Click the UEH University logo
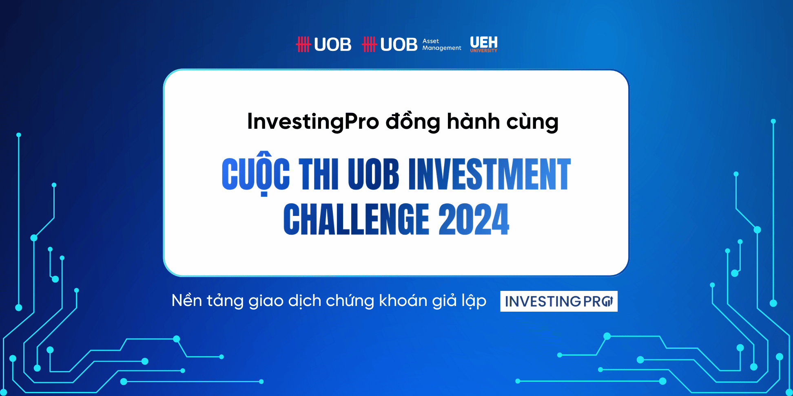pyautogui.click(x=484, y=44)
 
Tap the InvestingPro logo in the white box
pyautogui.click(x=559, y=301)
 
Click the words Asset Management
pyautogui.click(x=442, y=44)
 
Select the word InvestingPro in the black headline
pyautogui.click(x=313, y=121)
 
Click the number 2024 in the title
pyautogui.click(x=474, y=220)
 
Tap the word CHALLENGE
pyautogui.click(x=356, y=220)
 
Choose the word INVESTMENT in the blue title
pyautogui.click(x=490, y=174)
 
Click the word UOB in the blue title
pyautogui.click(x=373, y=174)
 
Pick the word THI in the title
pyautogui.click(x=319, y=174)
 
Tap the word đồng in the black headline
pyautogui.click(x=413, y=121)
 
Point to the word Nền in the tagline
pyautogui.click(x=187, y=300)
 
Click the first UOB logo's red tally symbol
pyautogui.click(x=303, y=44)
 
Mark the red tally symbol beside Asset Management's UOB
pyautogui.click(x=370, y=44)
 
